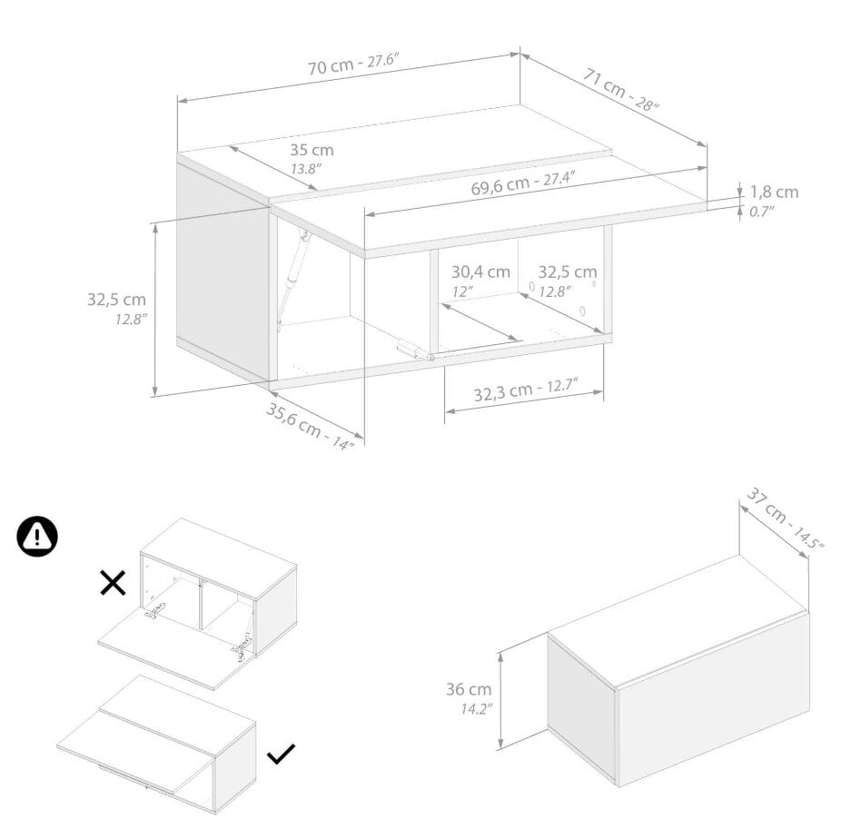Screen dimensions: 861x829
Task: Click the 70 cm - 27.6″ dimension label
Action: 352,64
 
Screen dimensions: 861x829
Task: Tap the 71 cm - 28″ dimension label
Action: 620,89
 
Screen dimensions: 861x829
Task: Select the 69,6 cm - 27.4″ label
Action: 523,183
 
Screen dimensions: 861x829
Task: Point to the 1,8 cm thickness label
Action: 774,192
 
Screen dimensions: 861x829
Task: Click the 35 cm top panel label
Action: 312,150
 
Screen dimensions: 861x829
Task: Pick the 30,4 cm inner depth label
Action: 480,271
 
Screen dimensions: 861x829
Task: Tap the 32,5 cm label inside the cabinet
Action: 568,271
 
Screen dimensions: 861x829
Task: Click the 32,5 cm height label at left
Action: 117,300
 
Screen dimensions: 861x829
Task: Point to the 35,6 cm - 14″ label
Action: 310,427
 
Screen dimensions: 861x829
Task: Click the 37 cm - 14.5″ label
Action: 785,518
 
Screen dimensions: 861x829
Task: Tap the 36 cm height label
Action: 469,689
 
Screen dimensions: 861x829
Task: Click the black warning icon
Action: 37,536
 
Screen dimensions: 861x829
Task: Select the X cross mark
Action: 114,583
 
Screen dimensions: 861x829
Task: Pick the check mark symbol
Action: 282,754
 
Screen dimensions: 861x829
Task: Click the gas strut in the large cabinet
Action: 292,280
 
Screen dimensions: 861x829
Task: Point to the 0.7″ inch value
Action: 762,212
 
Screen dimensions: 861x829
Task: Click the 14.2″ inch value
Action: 477,709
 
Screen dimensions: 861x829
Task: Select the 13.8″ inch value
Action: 306,169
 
